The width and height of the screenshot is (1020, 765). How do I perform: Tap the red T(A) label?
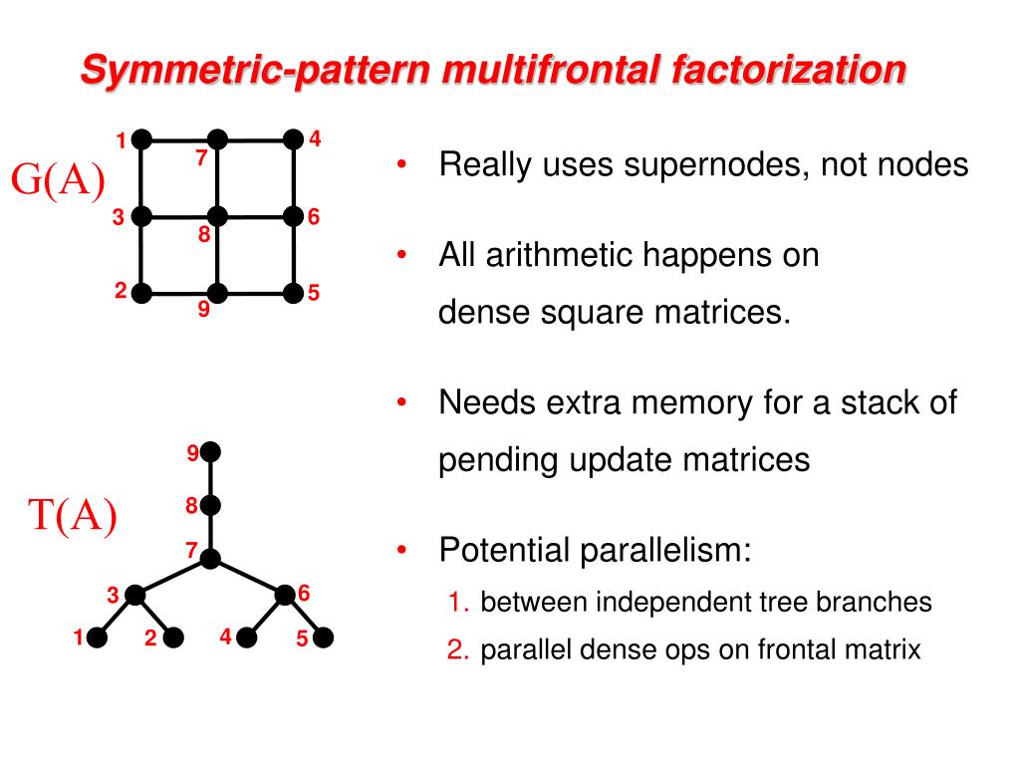(x=72, y=515)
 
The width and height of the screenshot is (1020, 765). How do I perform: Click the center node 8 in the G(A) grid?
(x=218, y=215)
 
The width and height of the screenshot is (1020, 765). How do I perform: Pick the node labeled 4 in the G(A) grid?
(x=293, y=139)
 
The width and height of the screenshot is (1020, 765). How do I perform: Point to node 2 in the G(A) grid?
(x=141, y=293)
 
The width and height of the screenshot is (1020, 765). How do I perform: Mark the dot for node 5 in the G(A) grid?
(x=293, y=293)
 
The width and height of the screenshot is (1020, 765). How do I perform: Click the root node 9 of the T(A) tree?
(x=209, y=453)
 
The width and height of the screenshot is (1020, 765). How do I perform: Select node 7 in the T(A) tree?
(x=209, y=559)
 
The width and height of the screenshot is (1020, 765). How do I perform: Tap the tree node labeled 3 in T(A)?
(x=135, y=595)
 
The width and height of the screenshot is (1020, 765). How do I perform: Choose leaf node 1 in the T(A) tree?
(x=98, y=637)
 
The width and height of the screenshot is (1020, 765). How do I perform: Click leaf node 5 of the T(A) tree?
(x=323, y=637)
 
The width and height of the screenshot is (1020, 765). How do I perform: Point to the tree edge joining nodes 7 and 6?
(x=247, y=577)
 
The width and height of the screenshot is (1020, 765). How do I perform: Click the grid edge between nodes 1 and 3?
(x=141, y=177)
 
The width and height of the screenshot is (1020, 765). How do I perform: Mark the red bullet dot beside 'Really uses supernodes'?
(x=401, y=164)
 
